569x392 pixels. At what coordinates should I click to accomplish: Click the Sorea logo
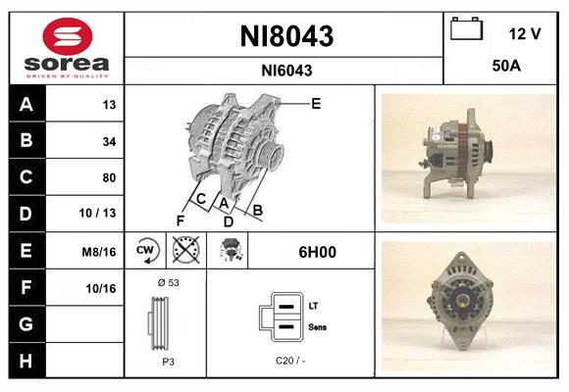click(67, 49)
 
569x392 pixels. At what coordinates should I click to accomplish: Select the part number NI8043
click(286, 37)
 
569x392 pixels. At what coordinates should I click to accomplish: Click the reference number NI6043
click(286, 70)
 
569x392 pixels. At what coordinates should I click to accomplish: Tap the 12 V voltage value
click(525, 33)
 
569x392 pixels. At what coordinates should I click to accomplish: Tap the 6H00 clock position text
click(317, 252)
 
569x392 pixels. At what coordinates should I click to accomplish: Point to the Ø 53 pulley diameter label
click(167, 282)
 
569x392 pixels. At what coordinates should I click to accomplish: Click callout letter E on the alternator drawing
click(316, 103)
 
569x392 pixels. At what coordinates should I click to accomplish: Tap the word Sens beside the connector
click(316, 326)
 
